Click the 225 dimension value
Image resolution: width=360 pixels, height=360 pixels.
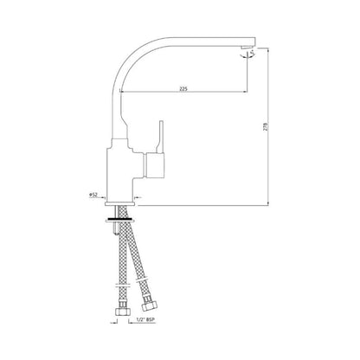click(183, 89)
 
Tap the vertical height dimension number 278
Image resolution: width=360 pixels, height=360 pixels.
click(266, 127)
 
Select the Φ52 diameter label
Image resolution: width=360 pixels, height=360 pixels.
click(93, 195)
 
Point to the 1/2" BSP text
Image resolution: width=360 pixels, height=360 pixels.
click(145, 319)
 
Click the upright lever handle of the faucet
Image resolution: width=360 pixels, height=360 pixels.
click(160, 137)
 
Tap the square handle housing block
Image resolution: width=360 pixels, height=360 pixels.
click(154, 165)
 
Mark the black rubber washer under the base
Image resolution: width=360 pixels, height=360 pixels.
click(120, 218)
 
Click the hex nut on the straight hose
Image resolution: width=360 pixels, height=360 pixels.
click(122, 311)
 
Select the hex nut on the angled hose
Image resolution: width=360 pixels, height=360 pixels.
click(150, 305)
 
